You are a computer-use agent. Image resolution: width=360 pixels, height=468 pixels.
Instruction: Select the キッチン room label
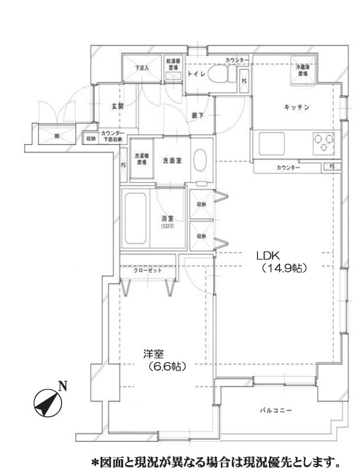(x=297, y=108)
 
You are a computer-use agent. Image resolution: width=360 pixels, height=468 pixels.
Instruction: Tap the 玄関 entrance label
(x=117, y=106)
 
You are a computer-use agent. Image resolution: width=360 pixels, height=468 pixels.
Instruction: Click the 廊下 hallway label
(x=197, y=115)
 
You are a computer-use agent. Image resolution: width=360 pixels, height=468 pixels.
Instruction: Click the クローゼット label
(x=148, y=270)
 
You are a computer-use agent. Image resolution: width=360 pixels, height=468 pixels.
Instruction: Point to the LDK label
(x=266, y=256)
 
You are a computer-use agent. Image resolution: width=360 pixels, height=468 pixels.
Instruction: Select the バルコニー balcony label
(x=275, y=411)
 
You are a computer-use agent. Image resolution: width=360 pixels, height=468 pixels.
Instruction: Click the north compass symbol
(x=48, y=402)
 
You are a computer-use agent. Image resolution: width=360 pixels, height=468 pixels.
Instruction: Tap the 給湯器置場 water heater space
(x=173, y=66)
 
